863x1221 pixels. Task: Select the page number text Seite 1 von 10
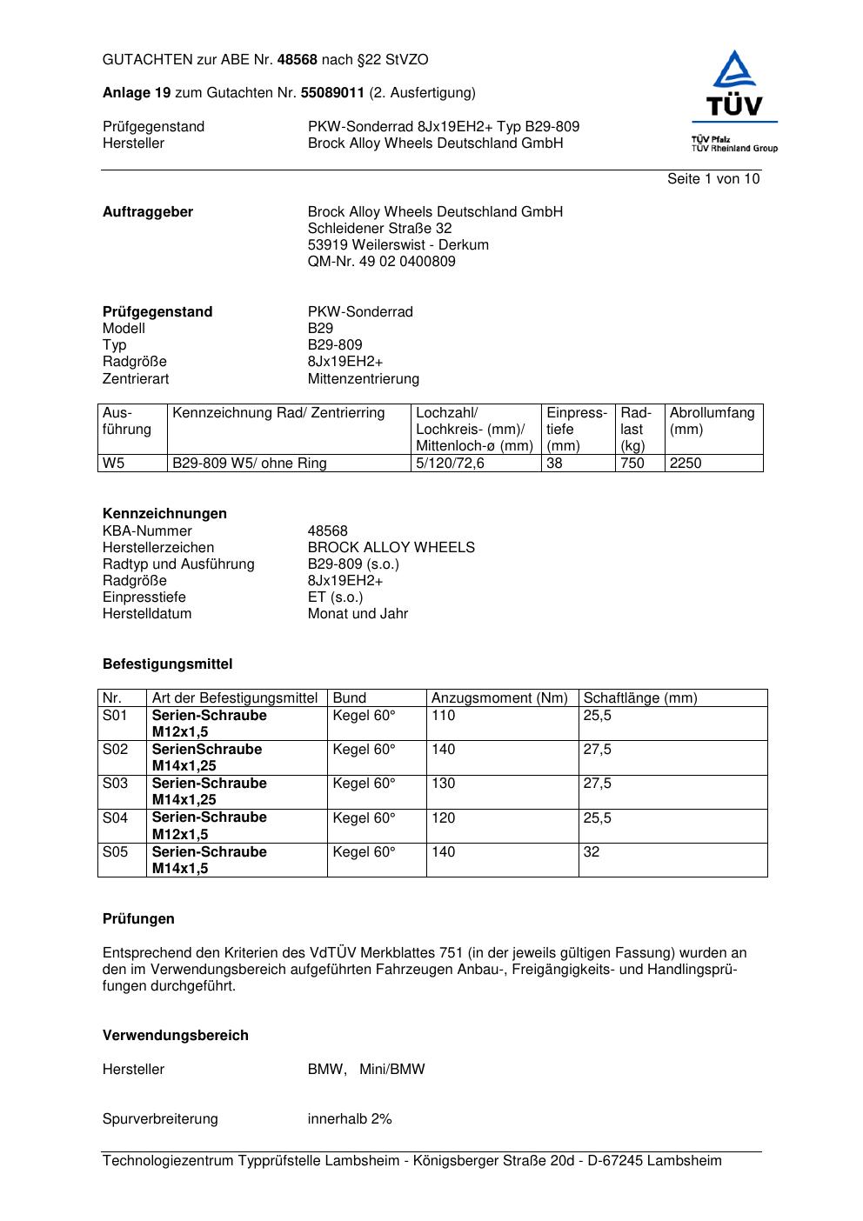[x=712, y=179]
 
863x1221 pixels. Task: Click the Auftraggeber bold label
[x=148, y=212]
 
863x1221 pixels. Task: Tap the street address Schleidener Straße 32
[x=379, y=229]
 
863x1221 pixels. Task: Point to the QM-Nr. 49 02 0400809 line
[x=381, y=262]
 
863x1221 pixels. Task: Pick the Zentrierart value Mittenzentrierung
[x=363, y=379]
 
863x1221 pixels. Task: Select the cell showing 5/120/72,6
[x=450, y=464]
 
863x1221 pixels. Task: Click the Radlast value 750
[x=632, y=464]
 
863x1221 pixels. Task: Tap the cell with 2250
[x=686, y=464]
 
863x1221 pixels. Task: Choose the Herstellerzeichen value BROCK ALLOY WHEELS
[x=391, y=548]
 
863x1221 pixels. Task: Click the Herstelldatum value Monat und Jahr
[x=358, y=614]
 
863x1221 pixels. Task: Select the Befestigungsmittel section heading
[x=167, y=664]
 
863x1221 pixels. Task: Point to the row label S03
[x=115, y=784]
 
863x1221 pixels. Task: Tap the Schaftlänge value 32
[x=592, y=852]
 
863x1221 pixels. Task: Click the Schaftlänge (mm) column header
[x=639, y=698]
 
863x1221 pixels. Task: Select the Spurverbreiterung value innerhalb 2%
[x=350, y=1119]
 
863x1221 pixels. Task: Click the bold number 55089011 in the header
[x=331, y=93]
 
